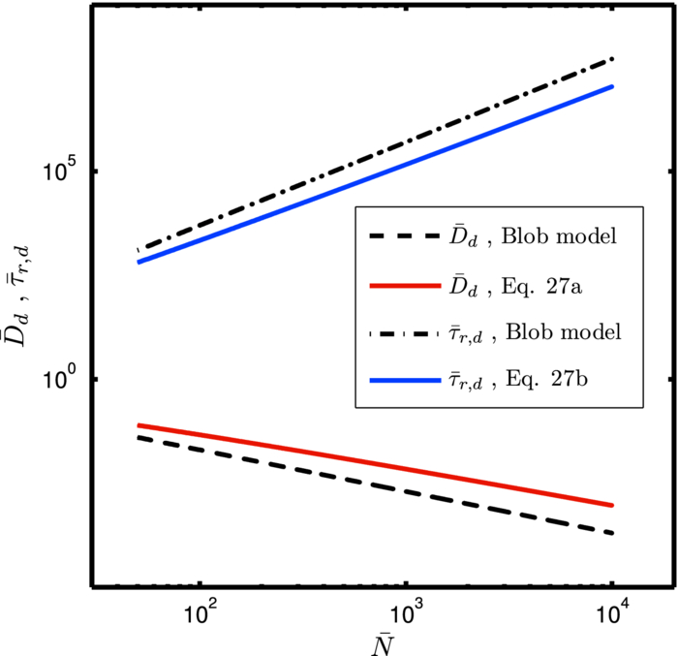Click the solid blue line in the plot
click(291, 203)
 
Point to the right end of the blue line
click(612, 87)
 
